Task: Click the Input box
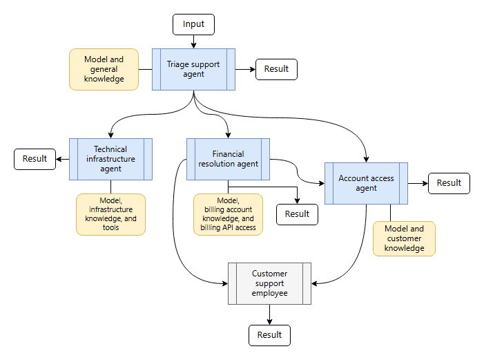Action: click(193, 24)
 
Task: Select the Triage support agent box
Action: click(193, 69)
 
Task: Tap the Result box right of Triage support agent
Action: click(276, 69)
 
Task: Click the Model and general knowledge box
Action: click(104, 69)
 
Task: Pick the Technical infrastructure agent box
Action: click(110, 159)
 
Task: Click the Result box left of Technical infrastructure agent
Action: click(35, 159)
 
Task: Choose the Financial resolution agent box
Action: click(228, 159)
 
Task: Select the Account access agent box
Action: click(366, 183)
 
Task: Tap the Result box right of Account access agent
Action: click(449, 183)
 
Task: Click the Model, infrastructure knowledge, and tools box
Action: click(110, 214)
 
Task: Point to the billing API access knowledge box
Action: click(228, 214)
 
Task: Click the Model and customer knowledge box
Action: click(404, 238)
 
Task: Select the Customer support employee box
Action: click(269, 284)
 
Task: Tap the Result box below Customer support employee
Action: click(269, 335)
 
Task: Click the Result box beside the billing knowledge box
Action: click(297, 214)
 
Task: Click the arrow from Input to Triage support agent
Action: click(193, 41)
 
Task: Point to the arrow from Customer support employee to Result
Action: click(269, 314)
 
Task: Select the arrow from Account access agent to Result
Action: click(418, 183)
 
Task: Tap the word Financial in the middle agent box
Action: click(228, 154)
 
